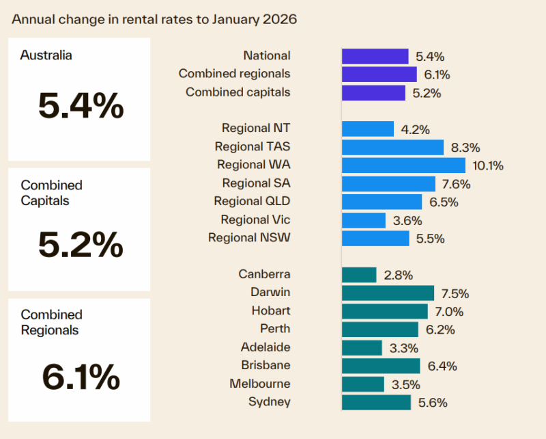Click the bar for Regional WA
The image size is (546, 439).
tap(403, 165)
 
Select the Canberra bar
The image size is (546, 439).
tap(359, 275)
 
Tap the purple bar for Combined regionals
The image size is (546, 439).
tap(379, 74)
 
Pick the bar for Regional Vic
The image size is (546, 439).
tap(363, 220)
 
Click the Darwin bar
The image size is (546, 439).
tap(388, 293)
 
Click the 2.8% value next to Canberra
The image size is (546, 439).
tap(399, 275)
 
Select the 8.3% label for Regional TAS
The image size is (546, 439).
tap(466, 147)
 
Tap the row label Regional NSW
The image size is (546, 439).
tap(249, 238)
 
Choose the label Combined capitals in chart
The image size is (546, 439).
tap(238, 92)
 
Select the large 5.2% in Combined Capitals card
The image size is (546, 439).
tap(81, 245)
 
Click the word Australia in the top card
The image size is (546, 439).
tap(46, 55)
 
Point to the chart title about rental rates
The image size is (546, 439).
tap(154, 19)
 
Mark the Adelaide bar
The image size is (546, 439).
tap(362, 348)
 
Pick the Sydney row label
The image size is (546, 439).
tap(270, 402)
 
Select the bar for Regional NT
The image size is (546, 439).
tap(367, 129)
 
